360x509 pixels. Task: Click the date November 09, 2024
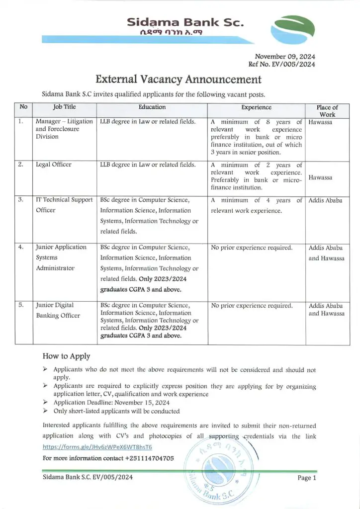285,56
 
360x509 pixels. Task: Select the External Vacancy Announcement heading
178,79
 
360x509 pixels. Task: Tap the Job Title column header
64,107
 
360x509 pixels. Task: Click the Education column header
152,107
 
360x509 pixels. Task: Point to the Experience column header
256,107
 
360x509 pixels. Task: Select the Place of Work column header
327,110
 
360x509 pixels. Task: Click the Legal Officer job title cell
53,165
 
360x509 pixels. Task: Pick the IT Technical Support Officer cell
64,205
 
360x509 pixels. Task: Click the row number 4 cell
21,247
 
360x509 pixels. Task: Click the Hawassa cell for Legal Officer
321,177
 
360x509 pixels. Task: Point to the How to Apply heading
66,356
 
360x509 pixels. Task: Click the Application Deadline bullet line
112,403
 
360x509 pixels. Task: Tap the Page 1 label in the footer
307,478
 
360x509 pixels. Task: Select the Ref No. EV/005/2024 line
281,64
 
